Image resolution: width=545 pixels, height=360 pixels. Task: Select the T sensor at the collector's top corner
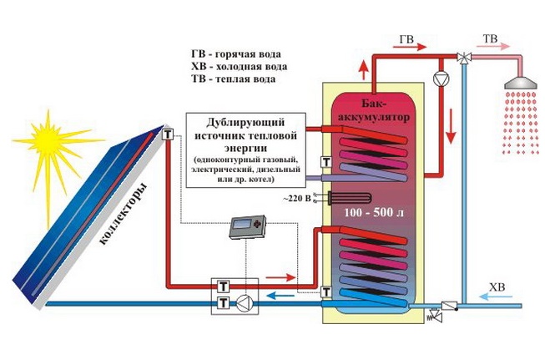[x=168, y=134]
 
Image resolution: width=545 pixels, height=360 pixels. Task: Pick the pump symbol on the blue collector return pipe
[x=243, y=302]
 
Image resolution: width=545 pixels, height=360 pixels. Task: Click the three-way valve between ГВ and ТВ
[x=462, y=57]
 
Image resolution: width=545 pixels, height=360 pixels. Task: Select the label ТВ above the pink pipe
[x=492, y=39]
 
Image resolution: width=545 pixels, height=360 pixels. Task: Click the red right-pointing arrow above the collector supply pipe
[x=282, y=276]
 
